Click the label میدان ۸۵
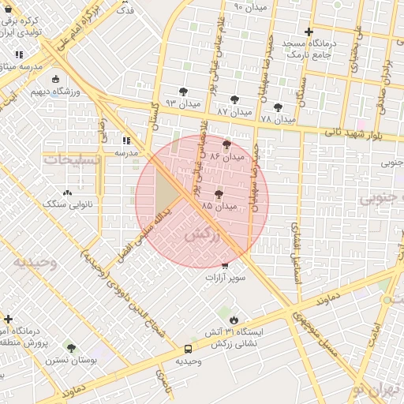220,206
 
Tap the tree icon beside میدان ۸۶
227,144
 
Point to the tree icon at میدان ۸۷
234,99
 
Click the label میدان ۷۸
277,118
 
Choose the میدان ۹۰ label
251,7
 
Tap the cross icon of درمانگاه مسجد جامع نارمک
309,32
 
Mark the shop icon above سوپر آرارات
226,266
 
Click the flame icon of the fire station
234,319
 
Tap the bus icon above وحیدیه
189,348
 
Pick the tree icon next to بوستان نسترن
71,348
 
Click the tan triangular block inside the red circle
163,192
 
